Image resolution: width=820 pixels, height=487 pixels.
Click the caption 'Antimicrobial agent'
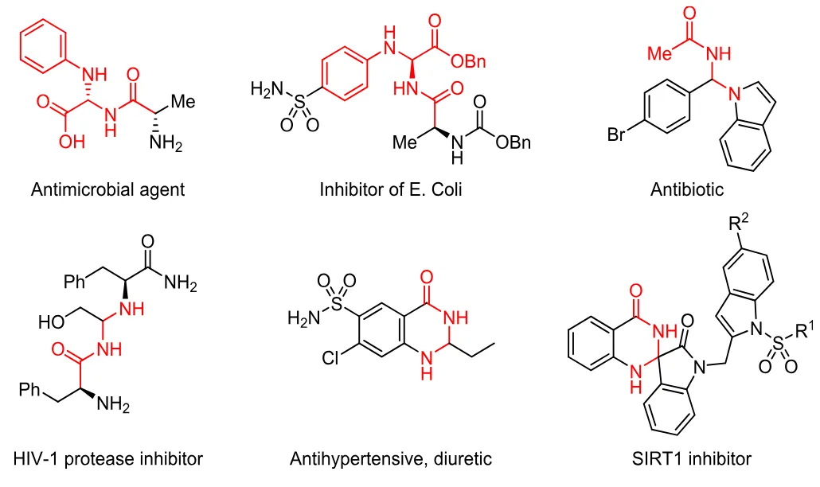pyautogui.click(x=107, y=190)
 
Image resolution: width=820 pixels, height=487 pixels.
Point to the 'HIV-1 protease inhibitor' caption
pyautogui.click(x=108, y=459)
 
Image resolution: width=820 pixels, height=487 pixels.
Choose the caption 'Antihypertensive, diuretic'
pyautogui.click(x=391, y=459)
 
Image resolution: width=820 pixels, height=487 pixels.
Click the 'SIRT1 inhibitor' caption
pyautogui.click(x=689, y=459)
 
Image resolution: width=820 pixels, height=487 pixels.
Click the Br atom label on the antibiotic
pyautogui.click(x=617, y=135)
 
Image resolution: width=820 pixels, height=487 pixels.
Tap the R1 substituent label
pyautogui.click(x=805, y=329)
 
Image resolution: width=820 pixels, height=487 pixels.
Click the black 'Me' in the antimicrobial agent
pyautogui.click(x=183, y=102)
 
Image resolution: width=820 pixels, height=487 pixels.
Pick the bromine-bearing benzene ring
pyautogui.click(x=667, y=109)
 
